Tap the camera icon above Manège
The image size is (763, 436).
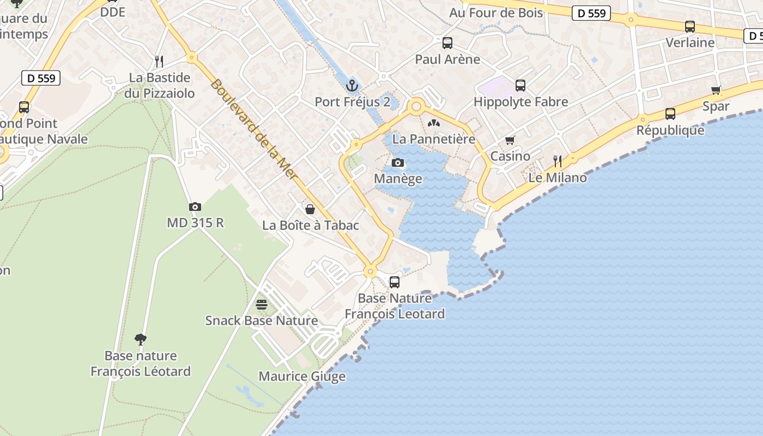coord(398,162)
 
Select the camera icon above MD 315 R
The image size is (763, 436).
coord(195,207)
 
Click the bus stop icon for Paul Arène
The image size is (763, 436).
coord(447,43)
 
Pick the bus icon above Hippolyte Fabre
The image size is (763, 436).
coord(520,85)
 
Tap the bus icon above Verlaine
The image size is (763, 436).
coord(690,26)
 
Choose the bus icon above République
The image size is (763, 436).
coord(670,114)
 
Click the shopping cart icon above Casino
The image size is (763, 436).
coord(510,141)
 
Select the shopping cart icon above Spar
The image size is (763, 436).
coord(716,90)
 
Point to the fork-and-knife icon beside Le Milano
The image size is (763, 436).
coord(558,161)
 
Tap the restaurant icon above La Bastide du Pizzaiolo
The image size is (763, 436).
coord(159,61)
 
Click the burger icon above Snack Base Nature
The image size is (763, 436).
coord(262,304)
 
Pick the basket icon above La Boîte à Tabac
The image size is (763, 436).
coord(310,209)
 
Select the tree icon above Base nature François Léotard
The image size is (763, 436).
coord(141,340)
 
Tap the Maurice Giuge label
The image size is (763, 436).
coord(302,377)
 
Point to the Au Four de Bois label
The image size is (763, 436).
coord(496,13)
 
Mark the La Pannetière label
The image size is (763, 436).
coord(434,139)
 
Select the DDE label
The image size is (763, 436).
coord(113,12)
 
